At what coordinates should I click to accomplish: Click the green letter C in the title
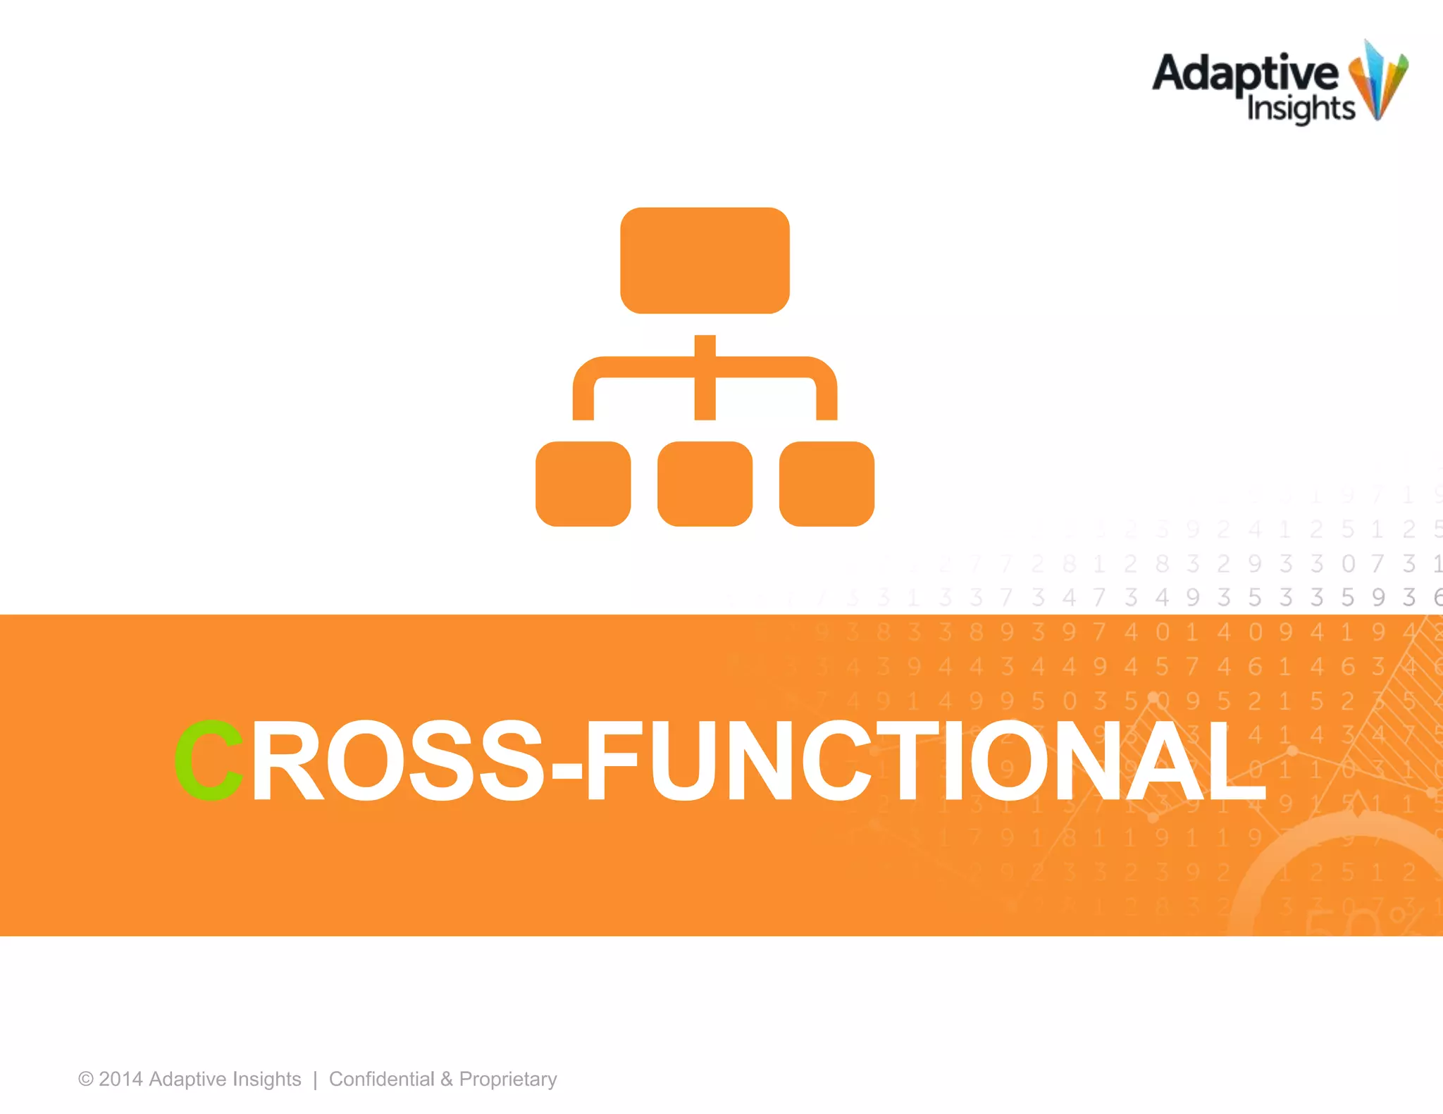209,761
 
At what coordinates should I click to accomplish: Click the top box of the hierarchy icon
705,260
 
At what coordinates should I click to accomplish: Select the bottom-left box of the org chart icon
583,484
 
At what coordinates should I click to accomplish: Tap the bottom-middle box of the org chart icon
705,484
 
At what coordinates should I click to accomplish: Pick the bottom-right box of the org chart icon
826,484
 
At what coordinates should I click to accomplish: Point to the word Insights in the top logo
1301,109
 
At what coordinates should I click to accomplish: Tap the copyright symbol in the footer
86,1079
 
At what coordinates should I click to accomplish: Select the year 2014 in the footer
120,1079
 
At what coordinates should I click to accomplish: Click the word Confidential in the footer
381,1079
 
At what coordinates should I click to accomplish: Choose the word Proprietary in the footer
508,1079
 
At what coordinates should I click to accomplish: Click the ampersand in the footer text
447,1079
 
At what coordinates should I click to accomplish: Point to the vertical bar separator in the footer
315,1079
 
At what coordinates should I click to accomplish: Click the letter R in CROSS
286,761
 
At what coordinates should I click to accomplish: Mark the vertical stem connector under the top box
705,377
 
